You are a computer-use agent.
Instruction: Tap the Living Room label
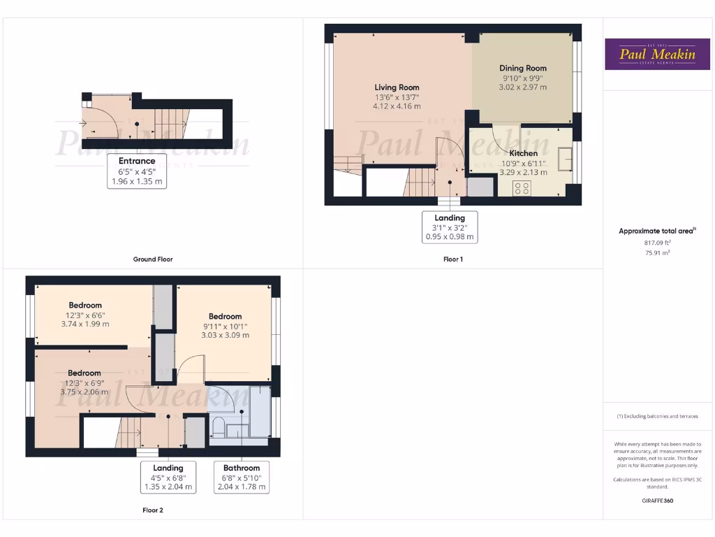click(x=397, y=87)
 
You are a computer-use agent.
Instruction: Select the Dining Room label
click(x=522, y=68)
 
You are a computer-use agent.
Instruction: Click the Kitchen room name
click(x=523, y=153)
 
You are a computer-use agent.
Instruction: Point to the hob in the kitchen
click(x=522, y=187)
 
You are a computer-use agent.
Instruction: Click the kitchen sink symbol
click(x=563, y=155)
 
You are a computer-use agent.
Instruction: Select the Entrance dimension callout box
click(x=137, y=171)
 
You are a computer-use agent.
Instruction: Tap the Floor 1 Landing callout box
click(x=450, y=227)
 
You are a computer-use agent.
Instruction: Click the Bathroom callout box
click(x=242, y=477)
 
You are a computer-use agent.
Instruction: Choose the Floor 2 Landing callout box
click(x=168, y=477)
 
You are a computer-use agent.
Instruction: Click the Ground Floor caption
click(x=153, y=259)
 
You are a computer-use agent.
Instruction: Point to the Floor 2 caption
click(x=153, y=510)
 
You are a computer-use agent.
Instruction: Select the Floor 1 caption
click(x=452, y=259)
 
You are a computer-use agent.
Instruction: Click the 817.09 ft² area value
click(x=657, y=243)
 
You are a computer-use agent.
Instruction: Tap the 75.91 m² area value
click(x=657, y=253)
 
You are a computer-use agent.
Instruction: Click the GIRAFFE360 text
click(x=657, y=501)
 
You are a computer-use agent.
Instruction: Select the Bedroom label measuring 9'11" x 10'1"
click(x=225, y=316)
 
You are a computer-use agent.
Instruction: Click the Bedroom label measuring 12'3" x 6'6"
click(x=85, y=305)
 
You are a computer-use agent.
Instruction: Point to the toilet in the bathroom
click(x=218, y=425)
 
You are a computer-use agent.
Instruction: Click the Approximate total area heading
click(x=656, y=231)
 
